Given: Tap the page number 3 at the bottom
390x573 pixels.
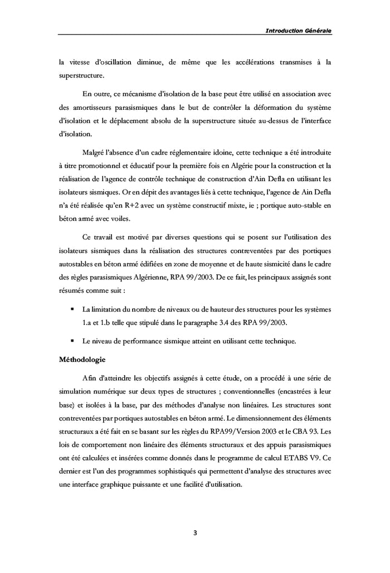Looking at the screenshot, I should [x=194, y=532].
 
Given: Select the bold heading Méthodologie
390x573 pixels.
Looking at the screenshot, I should [x=86, y=360].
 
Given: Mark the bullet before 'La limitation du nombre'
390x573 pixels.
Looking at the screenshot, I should [x=72, y=309].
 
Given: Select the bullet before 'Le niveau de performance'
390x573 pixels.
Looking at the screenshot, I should [x=72, y=340].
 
